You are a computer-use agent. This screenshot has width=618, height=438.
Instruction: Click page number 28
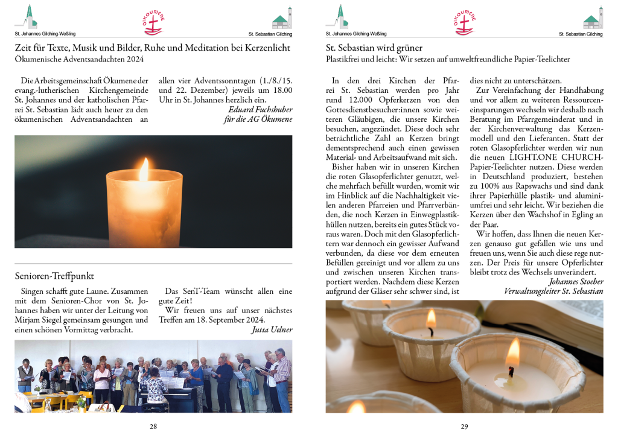[x=153, y=427]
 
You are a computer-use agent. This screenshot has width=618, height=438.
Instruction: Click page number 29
[x=464, y=427]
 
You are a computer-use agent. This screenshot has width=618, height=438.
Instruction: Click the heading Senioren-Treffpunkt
[x=54, y=276]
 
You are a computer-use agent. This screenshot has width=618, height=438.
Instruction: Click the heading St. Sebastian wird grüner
[x=374, y=48]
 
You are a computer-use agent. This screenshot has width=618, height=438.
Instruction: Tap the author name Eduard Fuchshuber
[x=260, y=109]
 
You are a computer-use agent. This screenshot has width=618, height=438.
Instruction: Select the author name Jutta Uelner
[x=272, y=329]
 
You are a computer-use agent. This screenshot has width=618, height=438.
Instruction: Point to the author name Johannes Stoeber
[x=576, y=281]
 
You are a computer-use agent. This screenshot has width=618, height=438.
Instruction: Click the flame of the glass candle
[x=144, y=170]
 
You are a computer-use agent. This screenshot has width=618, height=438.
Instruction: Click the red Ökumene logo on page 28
[x=153, y=22]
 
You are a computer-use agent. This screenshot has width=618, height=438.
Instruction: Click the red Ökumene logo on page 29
[x=464, y=22]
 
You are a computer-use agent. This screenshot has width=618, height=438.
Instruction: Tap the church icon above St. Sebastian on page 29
[x=593, y=18]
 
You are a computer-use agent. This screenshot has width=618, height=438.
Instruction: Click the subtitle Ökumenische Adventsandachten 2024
[x=80, y=59]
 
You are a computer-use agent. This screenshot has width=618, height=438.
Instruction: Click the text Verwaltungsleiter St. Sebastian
[x=553, y=291]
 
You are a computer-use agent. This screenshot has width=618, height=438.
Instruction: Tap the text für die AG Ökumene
[x=258, y=119]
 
